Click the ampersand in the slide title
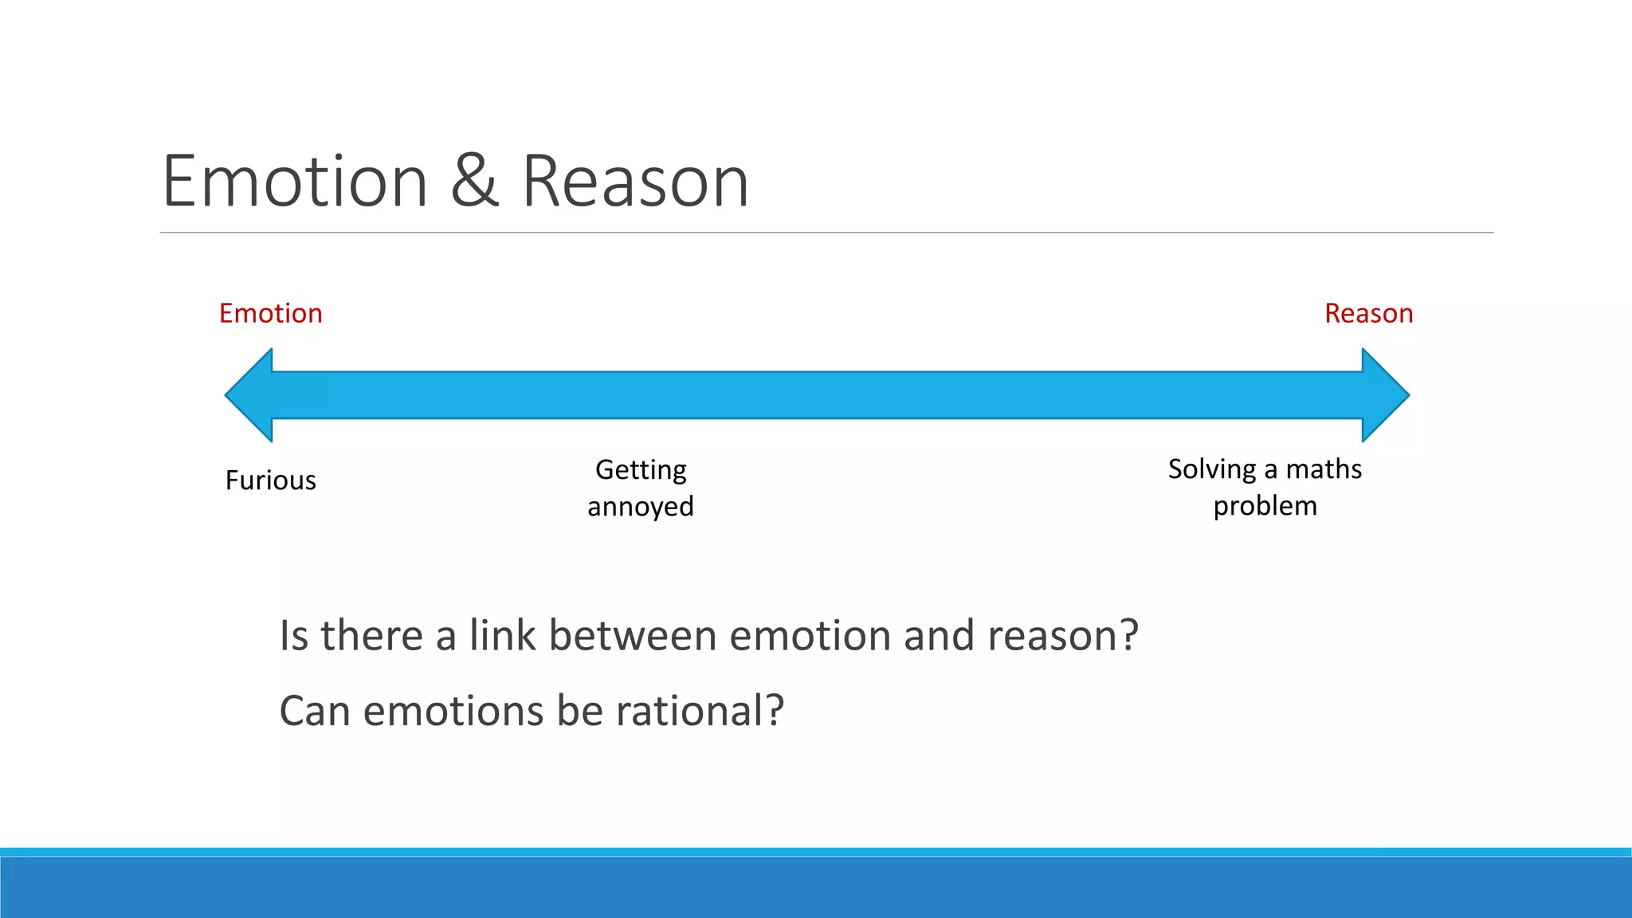474,182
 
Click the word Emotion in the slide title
295,182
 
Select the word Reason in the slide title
635,182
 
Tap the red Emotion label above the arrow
271,313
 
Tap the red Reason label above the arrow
1368,313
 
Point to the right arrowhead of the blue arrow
1384,395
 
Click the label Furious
271,481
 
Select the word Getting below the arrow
641,470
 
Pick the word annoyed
641,507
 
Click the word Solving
1212,469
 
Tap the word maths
1324,469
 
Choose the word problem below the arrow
1265,506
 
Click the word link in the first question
502,636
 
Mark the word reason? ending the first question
1063,636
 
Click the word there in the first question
371,636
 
